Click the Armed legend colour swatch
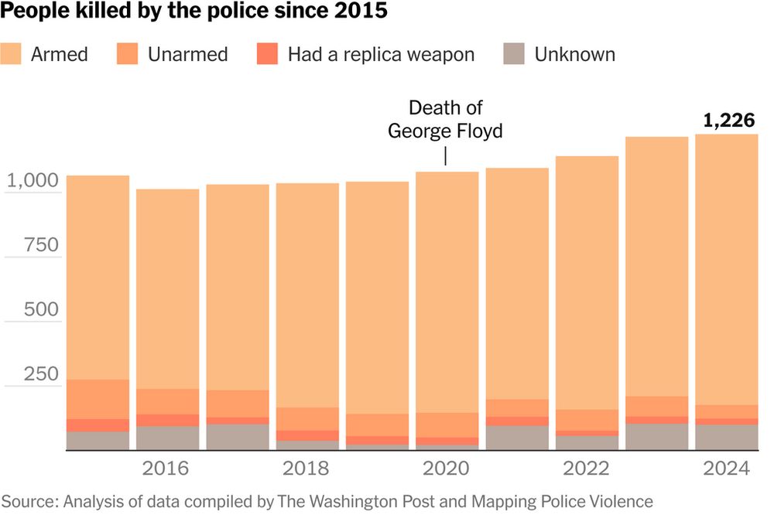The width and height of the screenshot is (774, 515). pyautogui.click(x=12, y=54)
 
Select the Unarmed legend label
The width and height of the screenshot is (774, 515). pyautogui.click(x=189, y=54)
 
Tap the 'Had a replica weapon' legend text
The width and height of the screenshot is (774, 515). pyautogui.click(x=381, y=54)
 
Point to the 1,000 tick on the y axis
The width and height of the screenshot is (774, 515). pyautogui.click(x=32, y=180)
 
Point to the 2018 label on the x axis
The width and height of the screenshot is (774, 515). pyautogui.click(x=307, y=469)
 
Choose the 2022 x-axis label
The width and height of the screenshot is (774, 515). pyautogui.click(x=586, y=469)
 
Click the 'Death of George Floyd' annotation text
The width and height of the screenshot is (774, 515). pyautogui.click(x=445, y=120)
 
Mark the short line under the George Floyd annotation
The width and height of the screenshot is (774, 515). pyautogui.click(x=445, y=155)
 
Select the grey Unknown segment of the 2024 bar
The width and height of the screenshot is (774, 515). pyautogui.click(x=726, y=437)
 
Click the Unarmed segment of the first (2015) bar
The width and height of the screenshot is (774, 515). pyautogui.click(x=98, y=399)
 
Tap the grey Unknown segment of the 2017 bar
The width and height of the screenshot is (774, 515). pyautogui.click(x=237, y=437)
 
